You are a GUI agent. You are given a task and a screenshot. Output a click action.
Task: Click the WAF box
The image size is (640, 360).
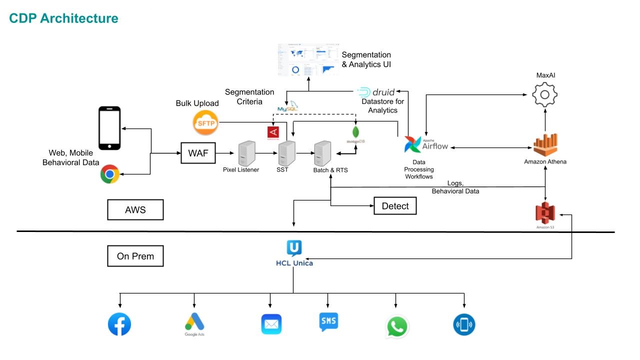198,153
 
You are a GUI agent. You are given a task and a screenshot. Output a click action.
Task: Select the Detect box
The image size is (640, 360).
395,206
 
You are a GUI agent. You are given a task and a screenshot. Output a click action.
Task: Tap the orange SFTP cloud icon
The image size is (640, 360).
206,122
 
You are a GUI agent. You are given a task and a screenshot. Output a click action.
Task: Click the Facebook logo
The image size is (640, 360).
119,324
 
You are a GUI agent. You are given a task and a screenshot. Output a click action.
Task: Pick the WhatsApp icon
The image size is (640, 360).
397,327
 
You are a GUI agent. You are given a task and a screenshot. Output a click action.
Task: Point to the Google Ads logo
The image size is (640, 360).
194,323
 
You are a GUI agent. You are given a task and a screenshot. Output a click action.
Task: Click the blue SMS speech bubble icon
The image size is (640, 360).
328,322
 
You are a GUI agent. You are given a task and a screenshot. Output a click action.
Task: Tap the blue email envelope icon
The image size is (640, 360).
271,324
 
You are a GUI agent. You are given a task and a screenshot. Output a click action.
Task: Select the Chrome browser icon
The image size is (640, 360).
109,174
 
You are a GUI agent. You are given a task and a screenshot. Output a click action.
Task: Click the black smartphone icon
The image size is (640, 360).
109,128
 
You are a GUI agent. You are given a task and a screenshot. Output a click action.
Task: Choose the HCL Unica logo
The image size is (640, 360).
294,253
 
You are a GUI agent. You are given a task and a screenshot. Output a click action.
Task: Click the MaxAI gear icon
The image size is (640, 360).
545,94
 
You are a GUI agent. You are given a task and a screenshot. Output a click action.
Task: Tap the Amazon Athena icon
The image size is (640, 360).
545,145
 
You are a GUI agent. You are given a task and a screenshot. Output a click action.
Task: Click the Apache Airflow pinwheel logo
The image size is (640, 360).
413,145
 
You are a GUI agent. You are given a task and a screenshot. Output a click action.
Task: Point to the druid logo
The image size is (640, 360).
376,92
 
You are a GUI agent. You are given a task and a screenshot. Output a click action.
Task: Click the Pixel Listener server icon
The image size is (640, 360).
247,153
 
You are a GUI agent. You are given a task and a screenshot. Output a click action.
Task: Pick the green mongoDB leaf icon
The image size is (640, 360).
355,132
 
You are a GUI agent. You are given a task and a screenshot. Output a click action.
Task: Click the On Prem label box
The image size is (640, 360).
135,256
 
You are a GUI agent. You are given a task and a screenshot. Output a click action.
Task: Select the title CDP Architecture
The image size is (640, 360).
64,19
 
